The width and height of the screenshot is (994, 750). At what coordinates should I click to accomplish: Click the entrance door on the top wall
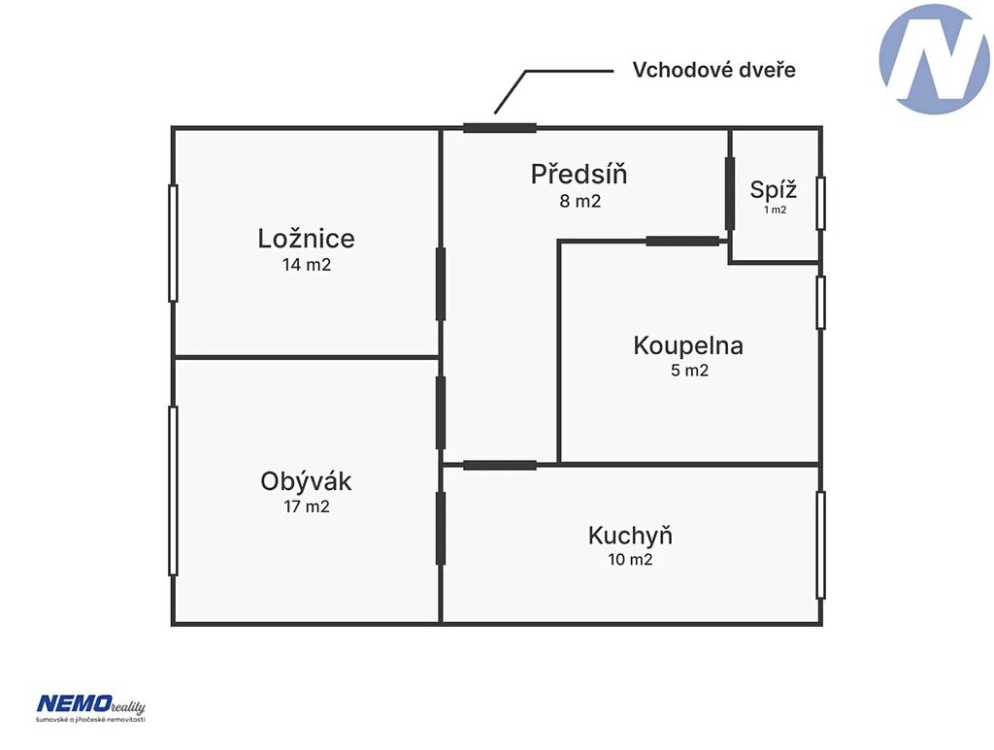500,128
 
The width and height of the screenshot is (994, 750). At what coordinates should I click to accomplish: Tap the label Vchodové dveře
713,70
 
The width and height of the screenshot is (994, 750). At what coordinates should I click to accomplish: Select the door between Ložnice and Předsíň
441,283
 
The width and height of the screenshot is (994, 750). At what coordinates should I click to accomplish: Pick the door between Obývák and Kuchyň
441,528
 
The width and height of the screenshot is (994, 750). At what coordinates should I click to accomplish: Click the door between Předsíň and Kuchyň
500,466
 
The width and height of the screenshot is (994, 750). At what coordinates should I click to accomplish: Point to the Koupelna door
682,241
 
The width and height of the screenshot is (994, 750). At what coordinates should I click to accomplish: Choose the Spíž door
730,194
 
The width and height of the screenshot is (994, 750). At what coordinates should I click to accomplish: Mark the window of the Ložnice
173,244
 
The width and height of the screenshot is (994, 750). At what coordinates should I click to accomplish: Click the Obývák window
173,491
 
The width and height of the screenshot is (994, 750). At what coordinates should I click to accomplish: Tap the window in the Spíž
820,204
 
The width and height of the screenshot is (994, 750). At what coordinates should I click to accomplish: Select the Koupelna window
820,303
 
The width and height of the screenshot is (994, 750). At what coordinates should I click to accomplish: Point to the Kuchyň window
820,544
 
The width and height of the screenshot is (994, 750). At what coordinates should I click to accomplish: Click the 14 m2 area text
307,265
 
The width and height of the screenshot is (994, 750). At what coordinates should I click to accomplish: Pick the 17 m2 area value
307,506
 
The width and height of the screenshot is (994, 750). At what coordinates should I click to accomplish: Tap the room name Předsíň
580,175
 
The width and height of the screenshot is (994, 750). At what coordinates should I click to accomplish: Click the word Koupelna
688,345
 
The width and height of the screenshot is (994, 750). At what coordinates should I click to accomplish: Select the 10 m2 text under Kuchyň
630,559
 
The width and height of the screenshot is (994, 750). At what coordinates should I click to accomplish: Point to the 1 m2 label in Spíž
775,210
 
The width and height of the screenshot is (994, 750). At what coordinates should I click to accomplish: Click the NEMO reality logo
90,707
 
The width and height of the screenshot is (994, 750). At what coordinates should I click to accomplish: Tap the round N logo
934,59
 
